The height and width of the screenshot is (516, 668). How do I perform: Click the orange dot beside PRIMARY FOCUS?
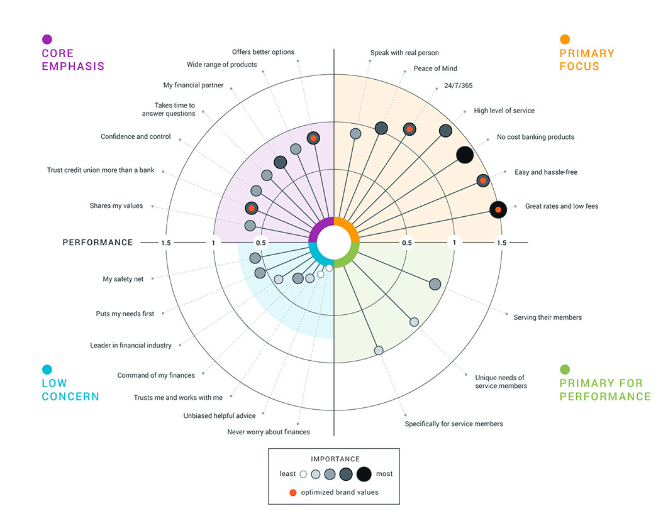tap(565, 40)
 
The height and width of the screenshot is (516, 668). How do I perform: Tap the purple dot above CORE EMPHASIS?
tap(47, 40)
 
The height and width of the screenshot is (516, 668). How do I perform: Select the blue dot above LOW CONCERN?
tap(47, 370)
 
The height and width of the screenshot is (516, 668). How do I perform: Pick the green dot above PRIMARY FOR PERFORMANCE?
tap(565, 370)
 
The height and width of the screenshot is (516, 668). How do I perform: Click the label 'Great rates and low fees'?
tap(562, 206)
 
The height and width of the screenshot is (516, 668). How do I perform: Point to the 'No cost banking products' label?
tap(535, 137)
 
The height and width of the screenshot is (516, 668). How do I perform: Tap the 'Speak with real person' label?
tap(405, 53)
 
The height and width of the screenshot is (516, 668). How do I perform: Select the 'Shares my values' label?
tap(116, 206)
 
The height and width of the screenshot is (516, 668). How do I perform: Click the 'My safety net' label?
tap(123, 279)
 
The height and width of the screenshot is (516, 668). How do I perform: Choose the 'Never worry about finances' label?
tap(269, 432)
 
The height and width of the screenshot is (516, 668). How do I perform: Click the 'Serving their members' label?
tap(547, 317)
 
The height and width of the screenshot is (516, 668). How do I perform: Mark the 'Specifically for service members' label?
tap(454, 424)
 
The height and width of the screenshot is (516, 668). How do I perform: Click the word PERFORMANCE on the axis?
tap(98, 243)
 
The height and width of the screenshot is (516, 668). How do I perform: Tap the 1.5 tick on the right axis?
tap(501, 243)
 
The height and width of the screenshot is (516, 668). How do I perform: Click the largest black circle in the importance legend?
tap(364, 474)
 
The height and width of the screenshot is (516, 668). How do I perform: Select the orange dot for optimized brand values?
tap(293, 492)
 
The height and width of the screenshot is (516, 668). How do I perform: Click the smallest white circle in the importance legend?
tap(303, 474)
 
